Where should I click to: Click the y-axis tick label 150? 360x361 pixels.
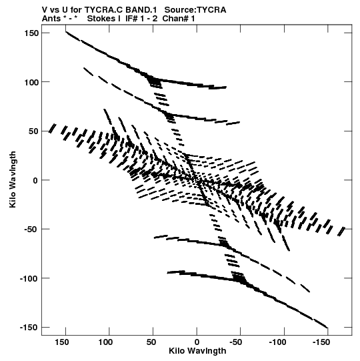pyautogui.click(x=31, y=33)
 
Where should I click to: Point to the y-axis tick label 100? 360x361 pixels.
pyautogui.click(x=31, y=82)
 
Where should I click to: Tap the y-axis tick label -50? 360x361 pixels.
pyautogui.click(x=31, y=230)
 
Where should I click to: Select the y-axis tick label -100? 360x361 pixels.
pyautogui.click(x=29, y=278)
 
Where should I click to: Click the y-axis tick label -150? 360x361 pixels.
pyautogui.click(x=29, y=328)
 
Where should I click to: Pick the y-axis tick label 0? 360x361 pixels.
pyautogui.click(x=35, y=180)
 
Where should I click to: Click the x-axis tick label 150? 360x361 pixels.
pyautogui.click(x=62, y=342)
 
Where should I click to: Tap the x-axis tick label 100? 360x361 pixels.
pyautogui.click(x=105, y=342)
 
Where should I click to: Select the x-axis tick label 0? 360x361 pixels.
pyautogui.click(x=197, y=342)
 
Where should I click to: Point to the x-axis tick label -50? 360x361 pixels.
pyautogui.click(x=236, y=342)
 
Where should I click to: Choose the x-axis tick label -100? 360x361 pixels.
pyautogui.click(x=277, y=342)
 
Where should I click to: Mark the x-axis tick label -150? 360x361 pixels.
pyautogui.click(x=321, y=342)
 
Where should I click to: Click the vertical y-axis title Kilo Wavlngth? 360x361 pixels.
pyautogui.click(x=13, y=179)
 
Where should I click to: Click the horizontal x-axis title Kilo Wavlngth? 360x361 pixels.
pyautogui.click(x=197, y=351)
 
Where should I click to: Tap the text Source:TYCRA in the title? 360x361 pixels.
pyautogui.click(x=195, y=10)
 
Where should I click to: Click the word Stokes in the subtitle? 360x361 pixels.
pyautogui.click(x=101, y=19)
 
